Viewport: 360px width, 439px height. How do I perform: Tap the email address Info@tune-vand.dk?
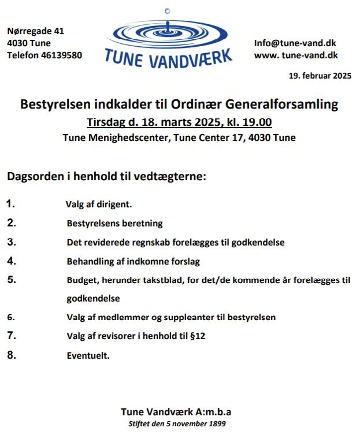pyautogui.click(x=295, y=43)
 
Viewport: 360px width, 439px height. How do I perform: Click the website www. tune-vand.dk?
pyautogui.click(x=296, y=55)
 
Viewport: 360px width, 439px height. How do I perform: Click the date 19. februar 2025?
pyautogui.click(x=320, y=76)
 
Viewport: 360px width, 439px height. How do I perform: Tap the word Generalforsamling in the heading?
pyautogui.click(x=282, y=105)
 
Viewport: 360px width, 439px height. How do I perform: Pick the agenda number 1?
pyautogui.click(x=11, y=204)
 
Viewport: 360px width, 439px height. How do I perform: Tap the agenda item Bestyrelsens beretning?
pyautogui.click(x=114, y=223)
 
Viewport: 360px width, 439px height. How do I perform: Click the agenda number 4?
pyautogui.click(x=12, y=261)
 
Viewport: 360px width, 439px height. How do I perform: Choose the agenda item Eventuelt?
pyautogui.click(x=88, y=355)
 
